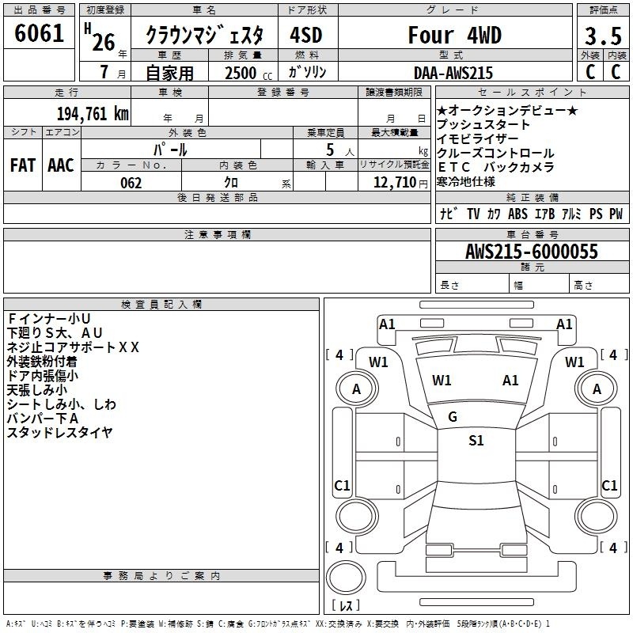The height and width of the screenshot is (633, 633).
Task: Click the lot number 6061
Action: pyautogui.click(x=39, y=33)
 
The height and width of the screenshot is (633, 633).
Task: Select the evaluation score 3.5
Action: pyautogui.click(x=603, y=36)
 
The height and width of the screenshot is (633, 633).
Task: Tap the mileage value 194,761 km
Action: pyautogui.click(x=93, y=113)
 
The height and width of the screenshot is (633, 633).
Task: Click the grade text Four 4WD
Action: pyautogui.click(x=454, y=35)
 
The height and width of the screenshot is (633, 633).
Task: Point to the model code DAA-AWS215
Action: pyautogui.click(x=453, y=73)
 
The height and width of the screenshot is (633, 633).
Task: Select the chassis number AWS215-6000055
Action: pyautogui.click(x=531, y=252)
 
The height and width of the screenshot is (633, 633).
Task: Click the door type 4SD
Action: pyautogui.click(x=306, y=35)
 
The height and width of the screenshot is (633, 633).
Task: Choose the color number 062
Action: pyautogui.click(x=131, y=183)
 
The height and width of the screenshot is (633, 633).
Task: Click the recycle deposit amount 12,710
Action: pyautogui.click(x=395, y=183)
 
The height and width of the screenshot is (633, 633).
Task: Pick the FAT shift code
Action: pyautogui.click(x=23, y=165)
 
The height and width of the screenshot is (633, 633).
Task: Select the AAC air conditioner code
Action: pyautogui.click(x=61, y=165)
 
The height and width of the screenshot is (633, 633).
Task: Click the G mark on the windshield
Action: pyautogui.click(x=453, y=417)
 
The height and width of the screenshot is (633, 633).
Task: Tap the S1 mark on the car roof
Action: pyautogui.click(x=476, y=441)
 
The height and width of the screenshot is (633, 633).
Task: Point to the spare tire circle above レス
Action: pyautogui.click(x=346, y=578)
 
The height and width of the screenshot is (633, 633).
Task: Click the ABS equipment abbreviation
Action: pyautogui.click(x=517, y=214)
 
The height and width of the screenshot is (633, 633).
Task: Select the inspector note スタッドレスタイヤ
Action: pyautogui.click(x=59, y=432)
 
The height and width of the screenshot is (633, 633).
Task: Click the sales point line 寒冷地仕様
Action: pyautogui.click(x=465, y=182)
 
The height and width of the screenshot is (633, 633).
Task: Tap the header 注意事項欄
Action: pyautogui.click(x=218, y=234)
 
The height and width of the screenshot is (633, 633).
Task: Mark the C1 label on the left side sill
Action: pyautogui.click(x=342, y=485)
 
